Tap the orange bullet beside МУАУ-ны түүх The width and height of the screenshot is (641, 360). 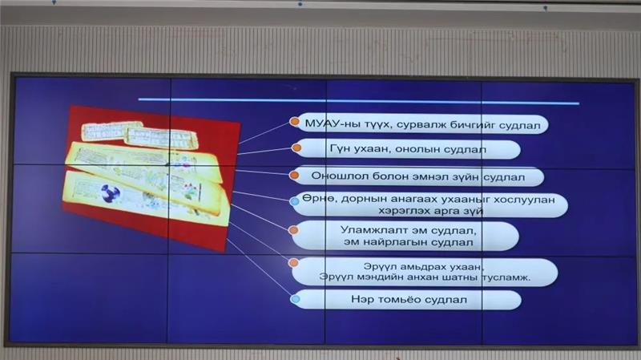pos(294,122)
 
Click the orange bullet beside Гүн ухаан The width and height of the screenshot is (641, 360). pos(296,148)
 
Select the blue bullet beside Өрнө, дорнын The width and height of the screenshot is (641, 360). pos(294,201)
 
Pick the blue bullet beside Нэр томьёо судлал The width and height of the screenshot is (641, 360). pos(295,299)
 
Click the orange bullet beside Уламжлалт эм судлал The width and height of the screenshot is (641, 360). pos(293,230)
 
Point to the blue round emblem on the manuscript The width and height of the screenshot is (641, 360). pos(111,193)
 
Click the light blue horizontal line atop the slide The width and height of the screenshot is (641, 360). pos(358,101)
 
